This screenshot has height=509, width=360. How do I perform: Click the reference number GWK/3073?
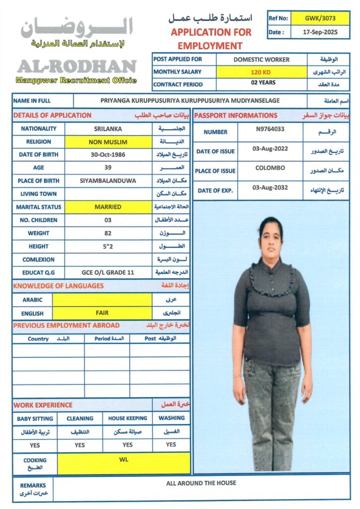[320, 18]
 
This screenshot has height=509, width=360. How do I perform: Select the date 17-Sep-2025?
[320, 32]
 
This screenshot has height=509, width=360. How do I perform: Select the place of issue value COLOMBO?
[270, 168]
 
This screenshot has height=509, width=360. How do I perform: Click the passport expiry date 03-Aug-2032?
[270, 187]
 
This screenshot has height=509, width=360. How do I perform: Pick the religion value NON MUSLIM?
[108, 142]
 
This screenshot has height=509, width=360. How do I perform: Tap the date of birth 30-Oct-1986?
[108, 155]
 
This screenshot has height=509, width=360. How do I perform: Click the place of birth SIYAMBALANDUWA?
[108, 181]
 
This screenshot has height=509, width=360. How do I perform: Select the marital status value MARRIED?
[108, 207]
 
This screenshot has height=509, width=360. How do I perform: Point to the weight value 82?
[108, 233]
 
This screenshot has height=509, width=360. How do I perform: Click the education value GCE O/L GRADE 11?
[108, 272]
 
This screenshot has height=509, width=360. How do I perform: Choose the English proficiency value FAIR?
[102, 313]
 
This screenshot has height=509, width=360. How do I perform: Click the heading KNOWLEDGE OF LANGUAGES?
[59, 286]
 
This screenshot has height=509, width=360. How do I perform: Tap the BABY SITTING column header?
[35, 419]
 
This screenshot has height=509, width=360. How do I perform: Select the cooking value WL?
[124, 460]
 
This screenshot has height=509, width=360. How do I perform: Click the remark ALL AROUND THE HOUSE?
[201, 483]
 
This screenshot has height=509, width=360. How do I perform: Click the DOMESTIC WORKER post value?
[262, 60]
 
